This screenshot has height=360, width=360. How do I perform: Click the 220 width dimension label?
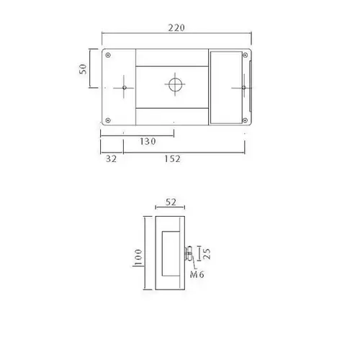(176, 28)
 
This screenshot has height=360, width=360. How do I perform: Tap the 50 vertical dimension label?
(83, 69)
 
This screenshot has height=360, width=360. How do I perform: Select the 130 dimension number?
(148, 141)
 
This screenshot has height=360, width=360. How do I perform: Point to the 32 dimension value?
(111, 158)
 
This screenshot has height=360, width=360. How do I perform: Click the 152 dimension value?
(172, 158)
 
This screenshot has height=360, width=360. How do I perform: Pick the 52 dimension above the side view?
(171, 202)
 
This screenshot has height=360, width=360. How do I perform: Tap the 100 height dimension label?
(138, 258)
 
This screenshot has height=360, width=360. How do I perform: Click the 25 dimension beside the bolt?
(207, 254)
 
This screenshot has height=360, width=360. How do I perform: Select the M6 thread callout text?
(197, 274)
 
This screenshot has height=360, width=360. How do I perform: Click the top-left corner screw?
(108, 55)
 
